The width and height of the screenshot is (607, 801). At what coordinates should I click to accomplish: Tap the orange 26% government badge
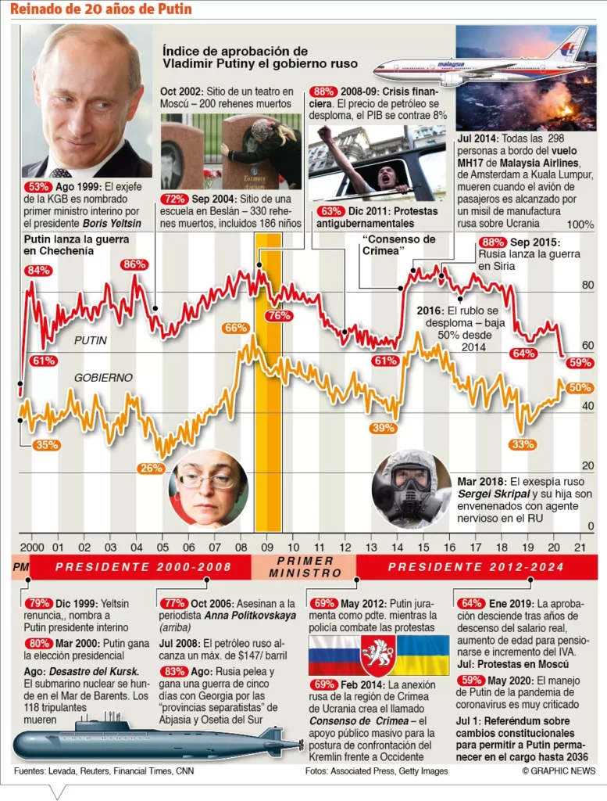point(150,468)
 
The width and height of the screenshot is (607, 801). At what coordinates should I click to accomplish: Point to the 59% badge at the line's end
point(580,362)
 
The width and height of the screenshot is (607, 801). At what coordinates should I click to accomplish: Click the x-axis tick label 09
point(267,548)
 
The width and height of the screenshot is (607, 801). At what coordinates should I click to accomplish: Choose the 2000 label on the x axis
point(31,548)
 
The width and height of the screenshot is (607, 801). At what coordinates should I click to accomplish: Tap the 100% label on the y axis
point(580,224)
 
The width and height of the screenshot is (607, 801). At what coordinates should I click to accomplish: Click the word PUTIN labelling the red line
point(91,341)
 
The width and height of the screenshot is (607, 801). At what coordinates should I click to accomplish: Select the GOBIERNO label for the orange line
point(103,378)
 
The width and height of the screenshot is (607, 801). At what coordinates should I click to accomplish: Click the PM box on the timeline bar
point(20,566)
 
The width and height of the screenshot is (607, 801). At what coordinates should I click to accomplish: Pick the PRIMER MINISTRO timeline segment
point(305,566)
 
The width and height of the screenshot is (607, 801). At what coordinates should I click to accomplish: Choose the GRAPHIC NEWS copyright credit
point(558,771)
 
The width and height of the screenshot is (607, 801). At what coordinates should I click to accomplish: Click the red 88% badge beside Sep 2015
point(493,242)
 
